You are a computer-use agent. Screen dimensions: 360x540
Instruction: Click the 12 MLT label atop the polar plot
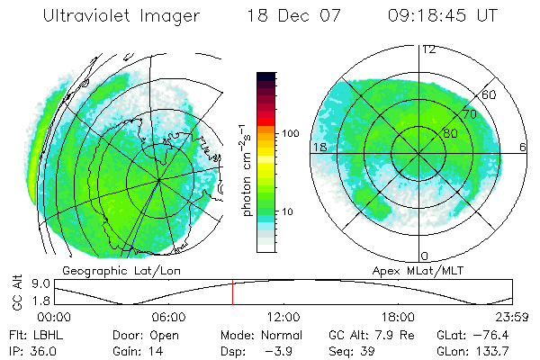click(x=429, y=49)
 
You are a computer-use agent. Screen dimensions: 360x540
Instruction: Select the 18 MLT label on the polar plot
click(x=319, y=146)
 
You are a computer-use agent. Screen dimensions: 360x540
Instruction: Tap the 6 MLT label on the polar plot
click(x=523, y=146)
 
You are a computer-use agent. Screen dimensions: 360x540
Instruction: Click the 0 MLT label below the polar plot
click(x=424, y=256)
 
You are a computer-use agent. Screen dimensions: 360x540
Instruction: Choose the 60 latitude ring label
click(x=489, y=94)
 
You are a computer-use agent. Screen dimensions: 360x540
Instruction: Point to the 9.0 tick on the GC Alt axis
click(x=32, y=282)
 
